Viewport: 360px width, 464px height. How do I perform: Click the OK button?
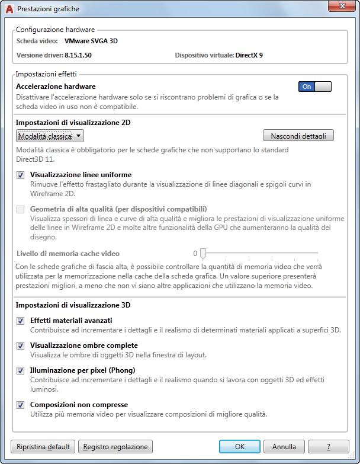coord(239,446)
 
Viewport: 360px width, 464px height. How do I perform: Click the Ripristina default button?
coord(43,446)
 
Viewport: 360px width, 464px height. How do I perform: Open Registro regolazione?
coord(115,446)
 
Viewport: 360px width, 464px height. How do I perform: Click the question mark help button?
coord(329,446)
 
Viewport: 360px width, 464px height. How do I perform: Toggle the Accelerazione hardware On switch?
coord(315,87)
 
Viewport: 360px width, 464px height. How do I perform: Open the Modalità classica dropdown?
coord(50,136)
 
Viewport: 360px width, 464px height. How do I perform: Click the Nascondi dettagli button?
coord(298,136)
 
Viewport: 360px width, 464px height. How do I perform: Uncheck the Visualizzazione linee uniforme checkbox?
coord(21,175)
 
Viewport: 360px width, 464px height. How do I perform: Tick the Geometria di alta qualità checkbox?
coord(21,209)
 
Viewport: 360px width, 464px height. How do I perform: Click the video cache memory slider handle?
coord(203,254)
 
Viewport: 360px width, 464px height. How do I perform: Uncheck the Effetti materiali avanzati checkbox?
coord(21,321)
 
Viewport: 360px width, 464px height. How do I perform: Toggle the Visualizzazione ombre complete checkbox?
coord(21,345)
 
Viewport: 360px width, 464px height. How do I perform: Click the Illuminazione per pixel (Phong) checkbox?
coord(21,370)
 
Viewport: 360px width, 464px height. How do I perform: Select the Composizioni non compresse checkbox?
coord(21,405)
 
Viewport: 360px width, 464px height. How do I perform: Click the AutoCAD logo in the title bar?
coord(9,9)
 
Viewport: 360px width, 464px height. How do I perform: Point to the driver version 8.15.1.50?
coord(78,55)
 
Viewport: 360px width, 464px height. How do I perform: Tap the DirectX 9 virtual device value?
coord(249,55)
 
